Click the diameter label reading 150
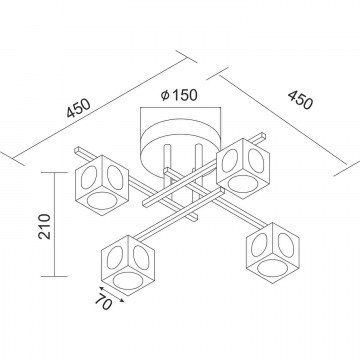[x=185, y=95]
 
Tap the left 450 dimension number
[x=78, y=108]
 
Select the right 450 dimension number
[x=300, y=100]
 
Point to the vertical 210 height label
[x=44, y=226]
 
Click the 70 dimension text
[x=103, y=302]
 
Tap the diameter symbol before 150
[x=165, y=95]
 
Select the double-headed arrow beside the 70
[x=111, y=294]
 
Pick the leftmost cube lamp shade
[x=102, y=185]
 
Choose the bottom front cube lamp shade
[x=128, y=266]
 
